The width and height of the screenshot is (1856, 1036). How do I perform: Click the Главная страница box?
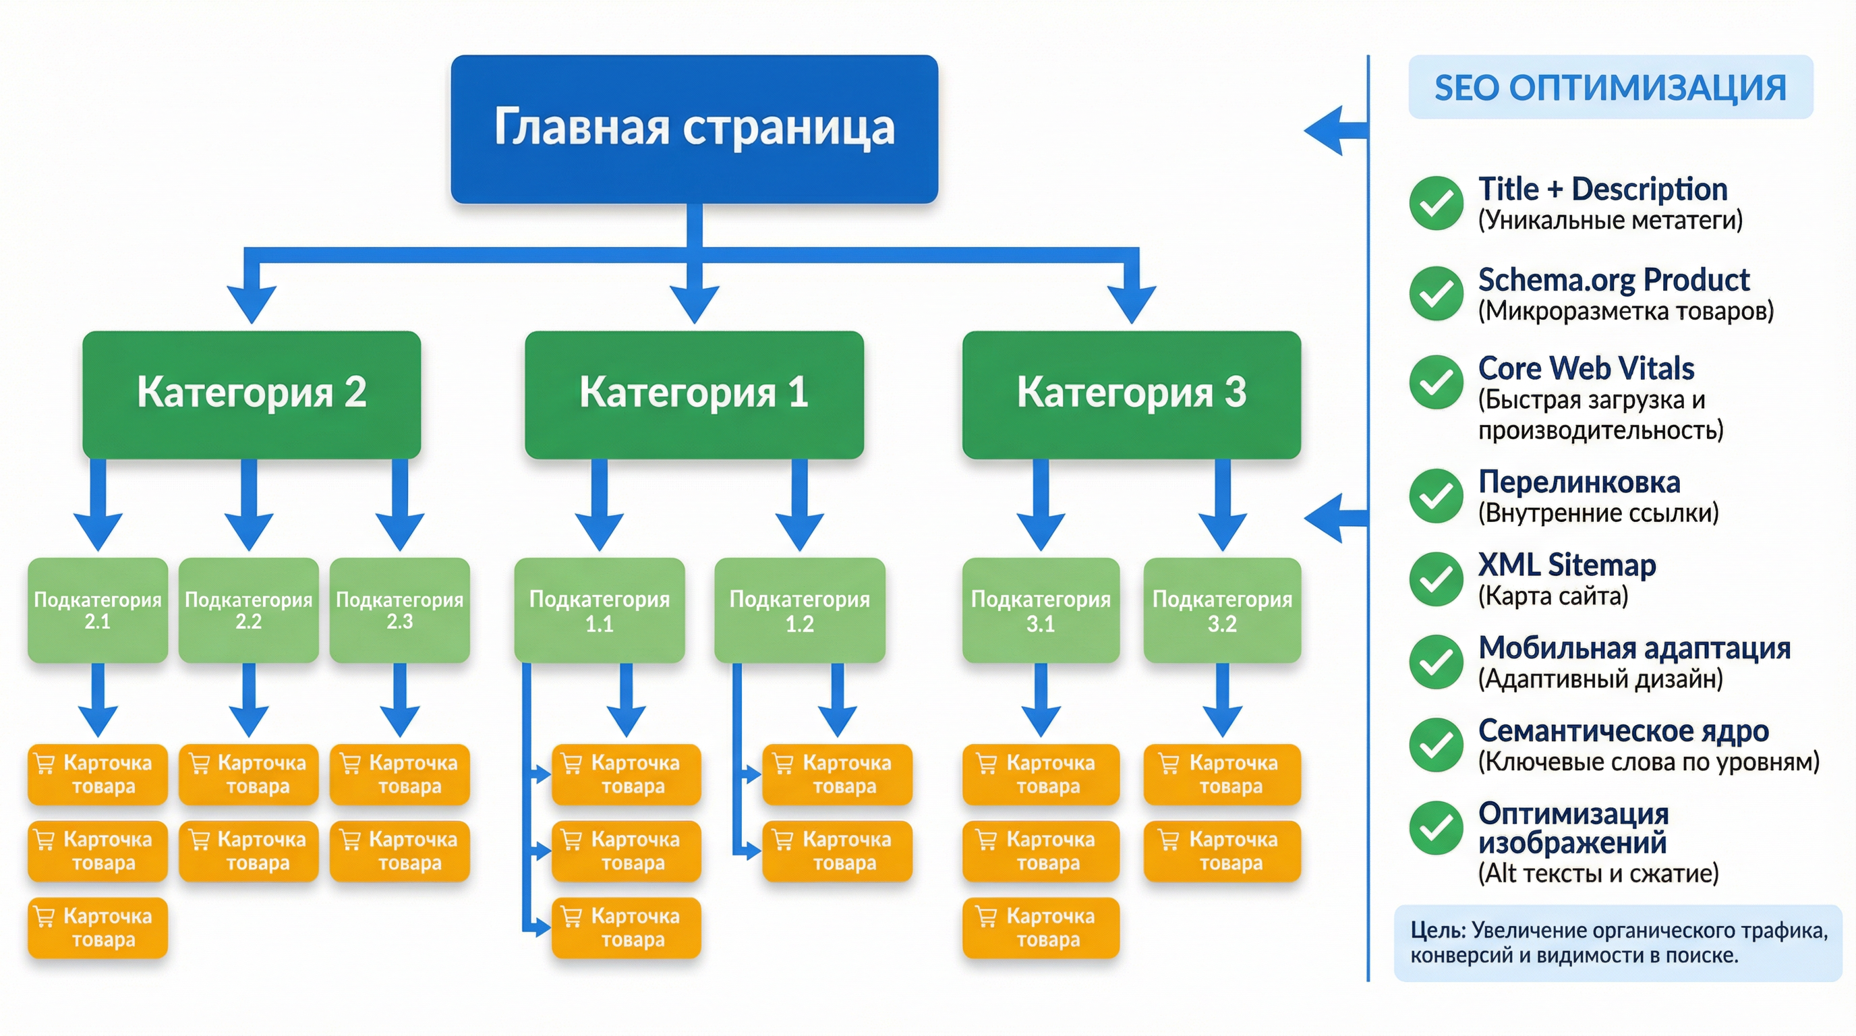click(694, 128)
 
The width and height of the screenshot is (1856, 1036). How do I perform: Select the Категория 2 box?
click(252, 393)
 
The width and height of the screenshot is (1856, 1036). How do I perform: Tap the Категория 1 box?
click(694, 393)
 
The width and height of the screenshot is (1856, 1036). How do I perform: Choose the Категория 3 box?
click(1131, 393)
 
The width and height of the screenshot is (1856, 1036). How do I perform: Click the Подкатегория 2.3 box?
click(399, 610)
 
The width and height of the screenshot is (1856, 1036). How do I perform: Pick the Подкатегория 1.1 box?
click(599, 610)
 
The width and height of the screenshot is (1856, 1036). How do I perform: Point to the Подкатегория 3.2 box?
click(1222, 610)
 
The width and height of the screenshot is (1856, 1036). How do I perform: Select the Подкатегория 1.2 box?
click(799, 610)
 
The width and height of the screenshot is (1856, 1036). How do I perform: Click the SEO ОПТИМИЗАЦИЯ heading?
click(1610, 87)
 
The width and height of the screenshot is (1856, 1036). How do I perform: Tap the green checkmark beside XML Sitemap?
click(1436, 579)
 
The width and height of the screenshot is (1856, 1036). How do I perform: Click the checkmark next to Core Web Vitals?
click(1436, 382)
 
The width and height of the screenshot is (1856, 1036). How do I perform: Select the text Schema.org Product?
click(1613, 279)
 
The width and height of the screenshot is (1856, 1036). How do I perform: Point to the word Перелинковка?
click(1579, 482)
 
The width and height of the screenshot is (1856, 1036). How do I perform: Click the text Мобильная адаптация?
click(1634, 647)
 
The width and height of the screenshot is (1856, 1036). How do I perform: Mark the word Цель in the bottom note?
click(1437, 930)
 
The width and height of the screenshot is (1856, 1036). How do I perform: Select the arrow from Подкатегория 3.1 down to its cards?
click(1041, 699)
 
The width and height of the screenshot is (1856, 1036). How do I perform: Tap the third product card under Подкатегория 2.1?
click(97, 927)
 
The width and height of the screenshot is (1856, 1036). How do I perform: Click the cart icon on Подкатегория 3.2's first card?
click(1169, 763)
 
